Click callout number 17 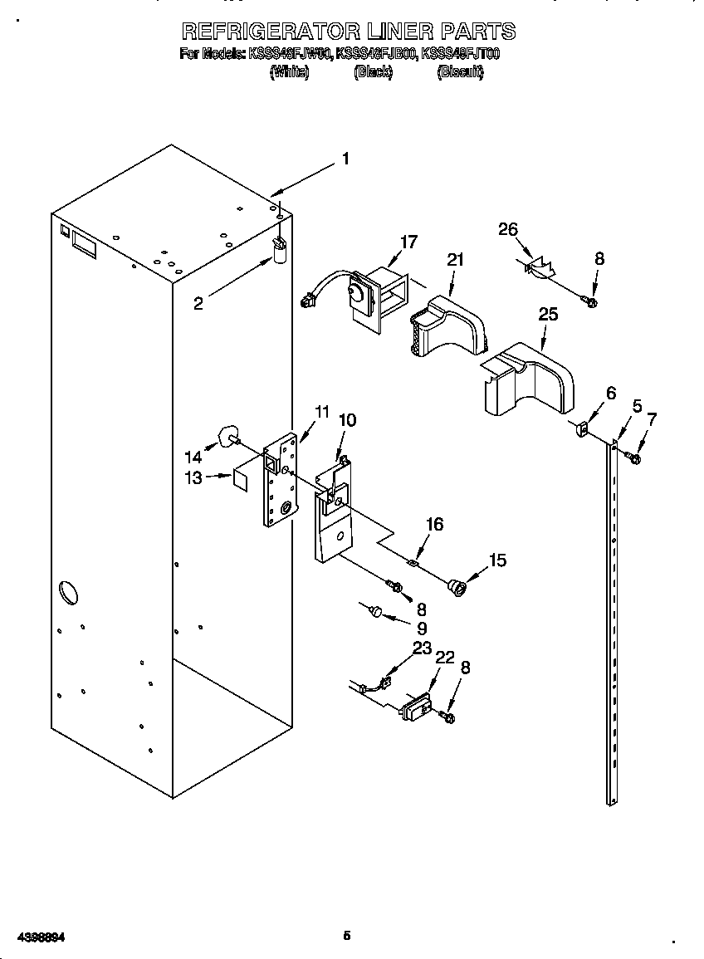[x=408, y=242]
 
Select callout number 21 [x=454, y=260]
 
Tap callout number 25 [x=548, y=315]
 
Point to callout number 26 [x=508, y=229]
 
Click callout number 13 [x=193, y=478]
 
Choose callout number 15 [x=498, y=560]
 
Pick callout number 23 [x=423, y=648]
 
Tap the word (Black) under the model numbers [x=373, y=73]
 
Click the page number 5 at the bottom [x=347, y=936]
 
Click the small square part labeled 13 [x=242, y=479]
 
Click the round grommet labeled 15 [x=456, y=587]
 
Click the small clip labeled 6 [x=583, y=430]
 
